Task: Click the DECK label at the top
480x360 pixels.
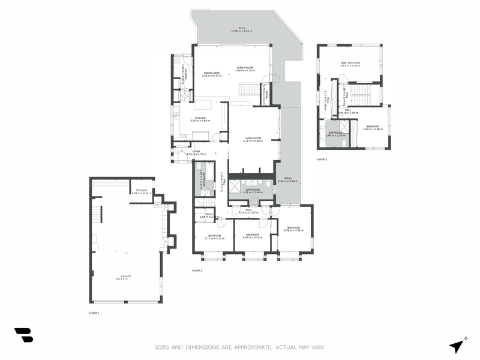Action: tap(242, 28)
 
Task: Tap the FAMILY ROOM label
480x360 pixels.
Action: tap(245, 68)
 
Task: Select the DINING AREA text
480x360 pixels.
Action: tap(212, 73)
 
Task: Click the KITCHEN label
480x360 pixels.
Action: tap(200, 118)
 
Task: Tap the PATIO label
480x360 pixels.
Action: tap(288, 178)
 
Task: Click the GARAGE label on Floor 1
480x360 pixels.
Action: tap(124, 277)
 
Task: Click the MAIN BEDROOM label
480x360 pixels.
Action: tap(350, 62)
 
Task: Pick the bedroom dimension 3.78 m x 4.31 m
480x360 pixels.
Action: tap(293, 231)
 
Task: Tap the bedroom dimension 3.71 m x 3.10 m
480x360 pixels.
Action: tap(214, 238)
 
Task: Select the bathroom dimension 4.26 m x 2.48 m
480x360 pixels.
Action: tap(253, 193)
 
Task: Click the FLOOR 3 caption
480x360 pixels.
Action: tap(322, 160)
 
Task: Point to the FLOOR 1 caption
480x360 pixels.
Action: tap(94, 313)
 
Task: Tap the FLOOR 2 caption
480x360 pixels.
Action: tap(197, 271)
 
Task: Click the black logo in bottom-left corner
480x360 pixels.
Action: tap(23, 335)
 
